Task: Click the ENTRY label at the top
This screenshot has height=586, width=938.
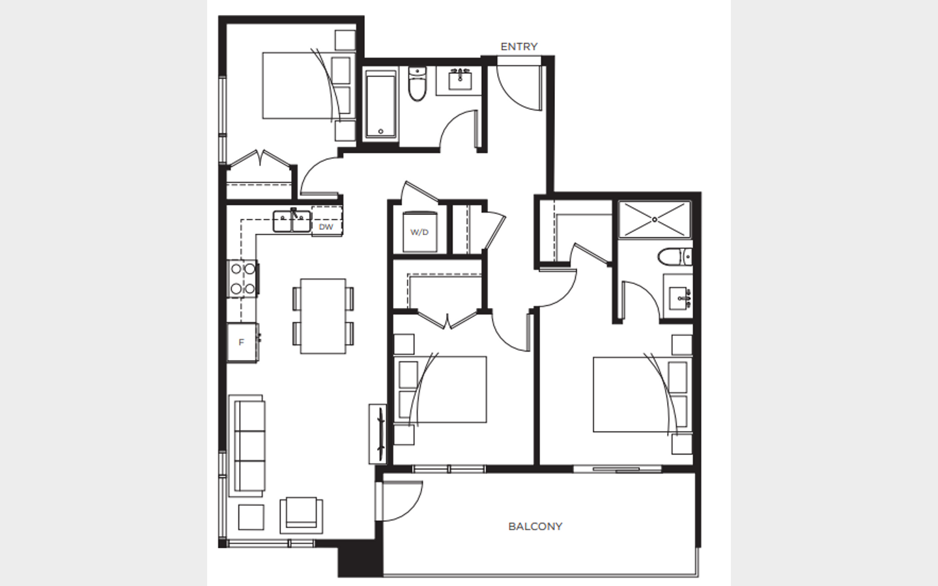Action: (x=519, y=46)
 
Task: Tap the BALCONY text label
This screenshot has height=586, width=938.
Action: (x=535, y=527)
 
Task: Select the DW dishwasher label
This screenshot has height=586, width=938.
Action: (x=326, y=227)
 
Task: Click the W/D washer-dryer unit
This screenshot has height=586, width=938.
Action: (x=419, y=232)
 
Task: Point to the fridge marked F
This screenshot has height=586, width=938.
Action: (x=242, y=342)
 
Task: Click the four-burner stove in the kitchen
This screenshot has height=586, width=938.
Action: (x=242, y=279)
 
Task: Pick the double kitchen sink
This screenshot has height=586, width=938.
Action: (x=292, y=221)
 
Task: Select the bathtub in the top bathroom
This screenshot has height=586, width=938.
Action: (x=380, y=104)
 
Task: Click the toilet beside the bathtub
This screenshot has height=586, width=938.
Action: (x=417, y=84)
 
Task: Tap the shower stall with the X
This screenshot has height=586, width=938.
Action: (x=655, y=219)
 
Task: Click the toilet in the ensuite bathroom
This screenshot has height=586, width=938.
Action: (x=675, y=257)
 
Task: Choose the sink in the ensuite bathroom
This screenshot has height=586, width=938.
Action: (x=678, y=298)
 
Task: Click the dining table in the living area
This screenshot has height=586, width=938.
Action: (x=323, y=316)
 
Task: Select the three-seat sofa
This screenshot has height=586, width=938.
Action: (x=247, y=446)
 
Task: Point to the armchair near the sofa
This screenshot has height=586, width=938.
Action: (x=302, y=515)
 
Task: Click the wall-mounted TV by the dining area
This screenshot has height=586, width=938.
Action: (x=378, y=434)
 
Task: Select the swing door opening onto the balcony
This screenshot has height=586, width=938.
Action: (x=400, y=501)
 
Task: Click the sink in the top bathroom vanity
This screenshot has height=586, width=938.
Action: (x=460, y=80)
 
